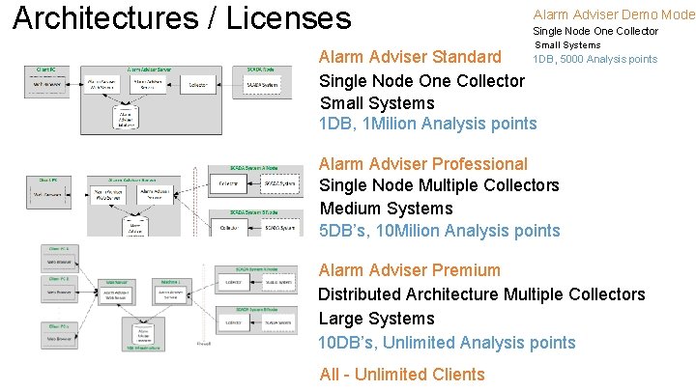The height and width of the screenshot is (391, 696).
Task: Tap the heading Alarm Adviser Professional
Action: [422, 164]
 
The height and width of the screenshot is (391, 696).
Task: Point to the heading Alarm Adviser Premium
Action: [409, 270]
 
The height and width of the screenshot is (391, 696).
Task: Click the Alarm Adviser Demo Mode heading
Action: [613, 14]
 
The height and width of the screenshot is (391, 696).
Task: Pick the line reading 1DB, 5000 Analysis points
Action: [594, 59]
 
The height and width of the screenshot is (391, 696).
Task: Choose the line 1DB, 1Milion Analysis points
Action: [427, 124]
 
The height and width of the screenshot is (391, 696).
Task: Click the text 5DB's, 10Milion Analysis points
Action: [439, 231]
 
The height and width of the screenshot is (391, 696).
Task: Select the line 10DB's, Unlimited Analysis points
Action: [447, 343]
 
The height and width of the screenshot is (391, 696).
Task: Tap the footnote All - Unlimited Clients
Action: [402, 375]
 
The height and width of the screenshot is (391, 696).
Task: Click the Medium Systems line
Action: [385, 209]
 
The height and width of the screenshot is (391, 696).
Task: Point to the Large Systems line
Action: [376, 319]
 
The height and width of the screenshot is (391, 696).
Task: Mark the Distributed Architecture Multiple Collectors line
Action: [481, 294]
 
